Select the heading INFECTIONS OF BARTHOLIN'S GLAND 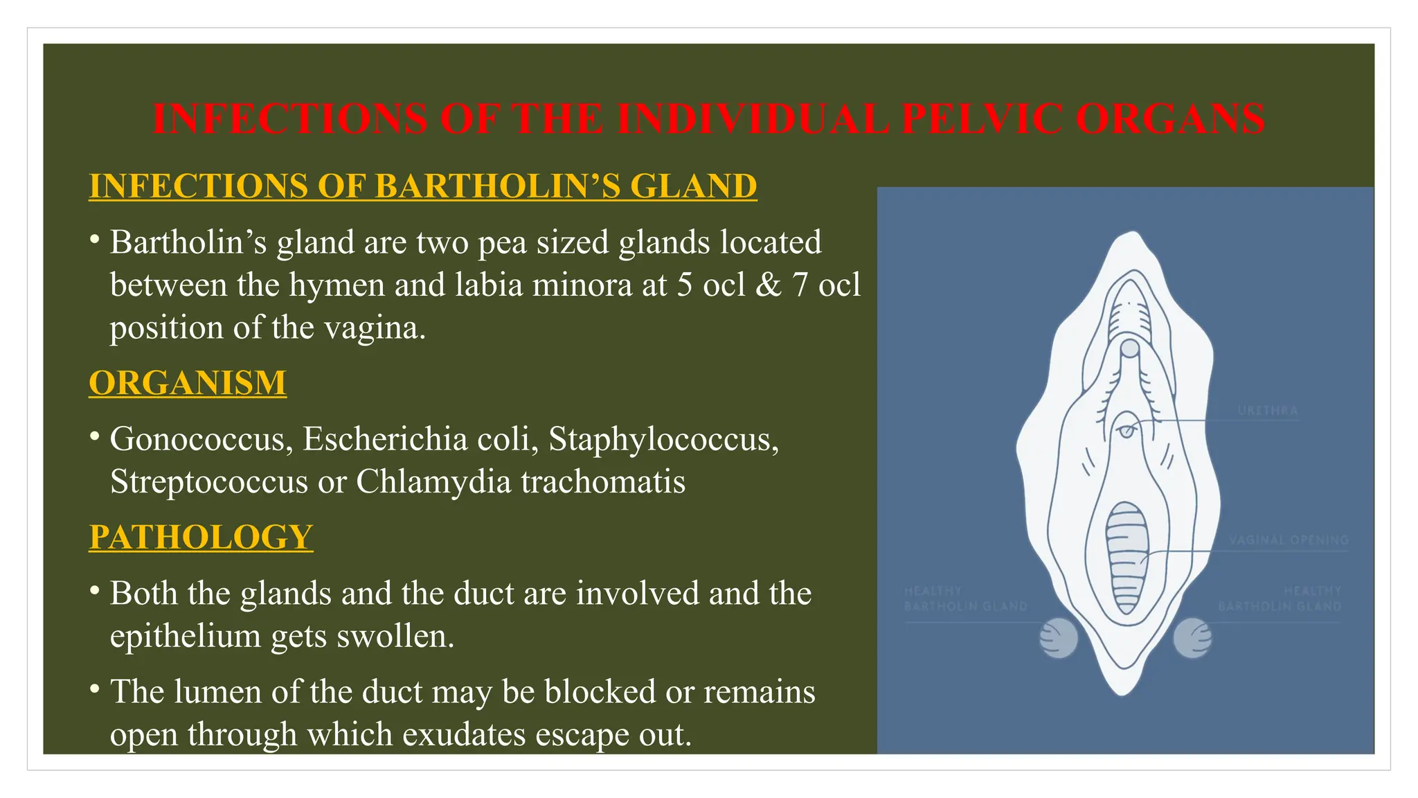pos(423,186)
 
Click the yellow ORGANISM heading pos(188,382)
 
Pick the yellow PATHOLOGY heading pos(201,537)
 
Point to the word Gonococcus pos(201,439)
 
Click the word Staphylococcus pos(663,439)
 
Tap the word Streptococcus pos(208,481)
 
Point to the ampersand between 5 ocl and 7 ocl pos(768,285)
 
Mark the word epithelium pos(185,636)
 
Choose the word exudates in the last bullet pos(464,734)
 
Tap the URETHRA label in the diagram pos(1267,411)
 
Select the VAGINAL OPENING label pos(1289,540)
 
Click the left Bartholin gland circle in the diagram pos(1058,638)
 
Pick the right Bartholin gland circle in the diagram pos(1192,638)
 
